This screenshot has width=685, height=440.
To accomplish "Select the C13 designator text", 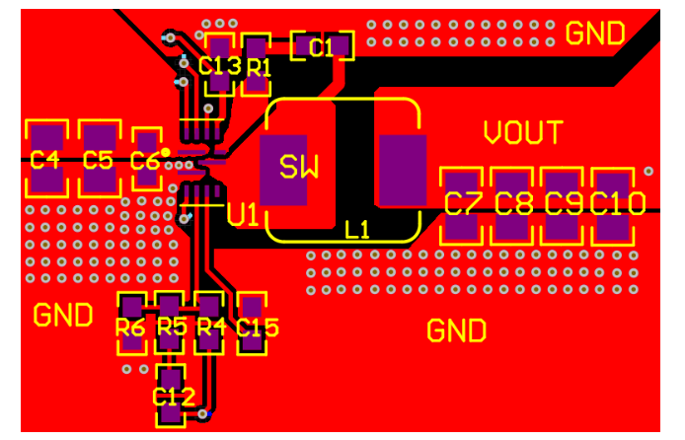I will point(219,66).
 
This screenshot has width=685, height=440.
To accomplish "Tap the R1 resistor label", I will point(260,67).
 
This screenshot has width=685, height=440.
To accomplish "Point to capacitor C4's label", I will point(44,159).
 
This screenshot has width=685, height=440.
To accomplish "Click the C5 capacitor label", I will point(98,159).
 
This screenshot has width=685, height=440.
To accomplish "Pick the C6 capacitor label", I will point(144,160).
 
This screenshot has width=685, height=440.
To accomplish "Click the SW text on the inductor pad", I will point(299,167).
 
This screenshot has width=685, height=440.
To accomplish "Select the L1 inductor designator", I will point(357,230).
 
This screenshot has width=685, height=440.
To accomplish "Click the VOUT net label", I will point(523,132).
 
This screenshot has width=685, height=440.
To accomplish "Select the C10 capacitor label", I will point(618,204).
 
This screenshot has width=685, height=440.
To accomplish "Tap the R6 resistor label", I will point(130,327).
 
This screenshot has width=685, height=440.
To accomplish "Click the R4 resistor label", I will point(211,327).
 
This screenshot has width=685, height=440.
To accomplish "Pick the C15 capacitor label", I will point(258,328).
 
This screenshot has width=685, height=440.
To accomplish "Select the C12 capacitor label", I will point(173,397).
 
